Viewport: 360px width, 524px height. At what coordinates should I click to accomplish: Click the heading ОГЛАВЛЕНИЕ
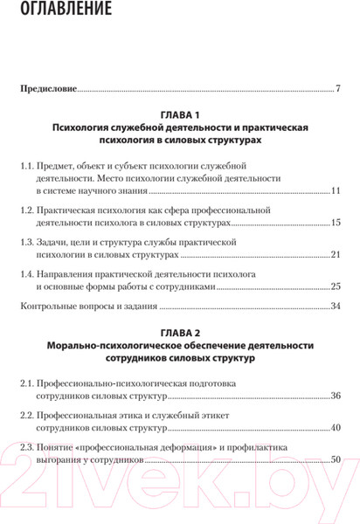[66, 11]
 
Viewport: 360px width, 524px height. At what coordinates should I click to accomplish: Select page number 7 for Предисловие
[337, 88]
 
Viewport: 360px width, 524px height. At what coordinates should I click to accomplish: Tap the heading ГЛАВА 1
[180, 115]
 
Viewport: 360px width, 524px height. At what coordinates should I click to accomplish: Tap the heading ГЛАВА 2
[180, 332]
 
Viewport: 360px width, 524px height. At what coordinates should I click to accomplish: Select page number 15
[336, 223]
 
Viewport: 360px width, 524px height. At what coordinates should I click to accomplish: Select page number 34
[336, 306]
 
